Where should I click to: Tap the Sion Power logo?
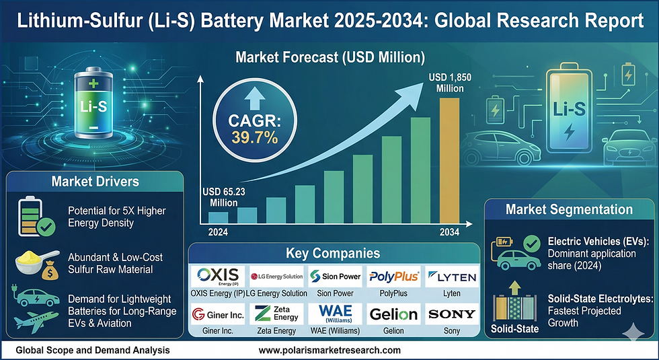pyautogui.click(x=334, y=277)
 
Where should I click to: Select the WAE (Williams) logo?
pyautogui.click(x=334, y=314)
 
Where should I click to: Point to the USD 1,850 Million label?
pyautogui.click(x=451, y=83)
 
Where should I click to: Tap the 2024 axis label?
pyautogui.click(x=217, y=231)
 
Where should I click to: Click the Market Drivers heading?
pyautogui.click(x=95, y=182)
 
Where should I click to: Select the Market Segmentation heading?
pyautogui.click(x=570, y=210)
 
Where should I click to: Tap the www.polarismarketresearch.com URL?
pyautogui.click(x=329, y=351)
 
